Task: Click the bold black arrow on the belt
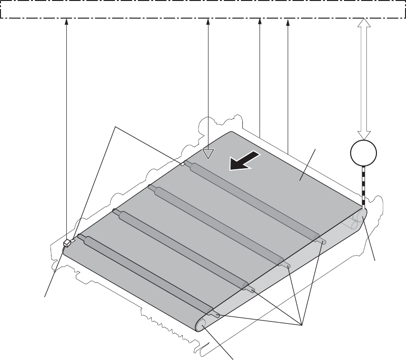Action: click(244, 161)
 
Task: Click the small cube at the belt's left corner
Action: click(67, 243)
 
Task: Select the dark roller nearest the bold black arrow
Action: click(253, 201)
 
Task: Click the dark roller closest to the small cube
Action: click(143, 272)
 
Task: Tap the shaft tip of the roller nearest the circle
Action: click(323, 242)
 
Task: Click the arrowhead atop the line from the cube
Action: click(66, 21)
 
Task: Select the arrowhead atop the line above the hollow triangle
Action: click(208, 21)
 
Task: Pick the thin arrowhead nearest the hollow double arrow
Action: click(288, 21)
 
